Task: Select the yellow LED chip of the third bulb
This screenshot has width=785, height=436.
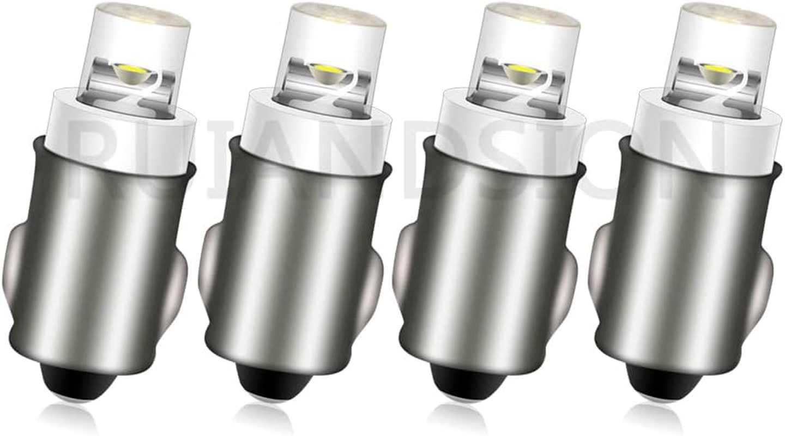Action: point(520,70)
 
